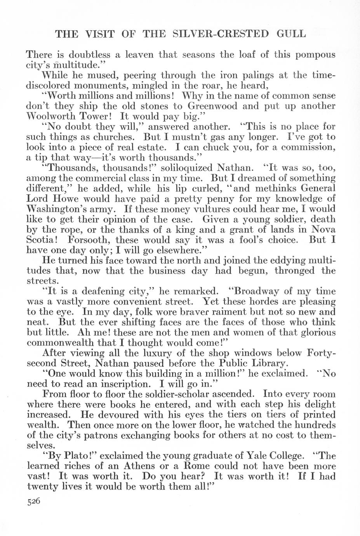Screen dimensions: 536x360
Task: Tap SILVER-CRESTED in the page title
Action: tap(217, 34)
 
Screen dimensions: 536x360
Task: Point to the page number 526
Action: tap(34, 501)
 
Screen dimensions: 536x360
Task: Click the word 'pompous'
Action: tap(315, 55)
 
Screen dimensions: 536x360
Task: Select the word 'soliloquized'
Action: tap(183, 168)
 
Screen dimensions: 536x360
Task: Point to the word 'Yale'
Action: tap(255, 455)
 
